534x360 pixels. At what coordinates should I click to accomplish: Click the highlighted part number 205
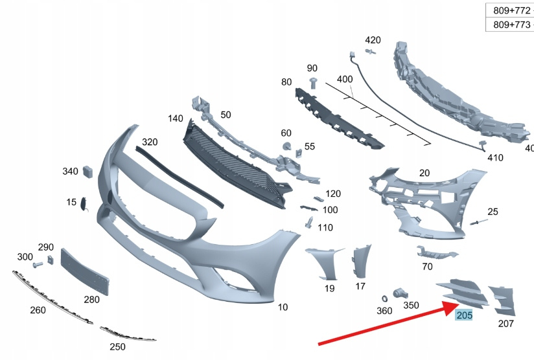[x=464, y=315]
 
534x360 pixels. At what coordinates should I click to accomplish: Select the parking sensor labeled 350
[x=400, y=294]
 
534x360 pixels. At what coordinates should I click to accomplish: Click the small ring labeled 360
[x=384, y=298]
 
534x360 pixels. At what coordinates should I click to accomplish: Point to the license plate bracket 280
[x=84, y=271]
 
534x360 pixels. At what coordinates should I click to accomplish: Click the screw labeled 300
[x=38, y=264]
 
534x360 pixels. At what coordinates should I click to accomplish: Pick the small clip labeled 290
[x=51, y=260]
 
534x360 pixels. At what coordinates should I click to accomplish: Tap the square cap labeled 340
[x=87, y=172]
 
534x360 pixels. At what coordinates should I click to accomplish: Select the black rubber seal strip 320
[x=180, y=177]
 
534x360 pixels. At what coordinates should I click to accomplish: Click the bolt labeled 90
[x=313, y=84]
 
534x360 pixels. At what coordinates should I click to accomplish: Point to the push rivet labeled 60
[x=286, y=146]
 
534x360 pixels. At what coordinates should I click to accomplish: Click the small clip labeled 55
[x=299, y=153]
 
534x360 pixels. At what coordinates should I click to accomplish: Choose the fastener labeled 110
[x=309, y=223]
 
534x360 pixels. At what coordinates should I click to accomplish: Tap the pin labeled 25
[x=479, y=222]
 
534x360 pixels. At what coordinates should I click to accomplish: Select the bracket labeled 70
[x=437, y=252]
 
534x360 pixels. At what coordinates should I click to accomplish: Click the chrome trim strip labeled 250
[x=128, y=334]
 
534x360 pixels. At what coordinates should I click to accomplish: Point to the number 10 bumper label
[x=283, y=308]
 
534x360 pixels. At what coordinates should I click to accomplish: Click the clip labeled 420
[x=371, y=52]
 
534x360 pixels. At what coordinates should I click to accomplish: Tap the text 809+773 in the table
[x=511, y=25]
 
